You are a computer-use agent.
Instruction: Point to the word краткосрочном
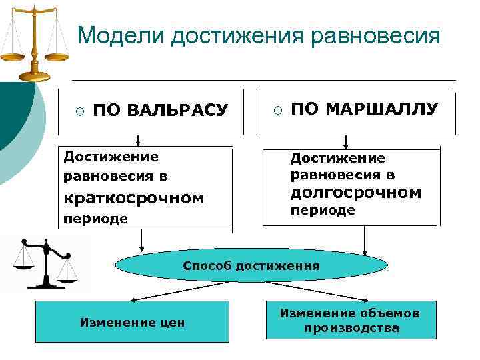(133, 199)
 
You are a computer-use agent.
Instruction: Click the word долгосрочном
(355, 193)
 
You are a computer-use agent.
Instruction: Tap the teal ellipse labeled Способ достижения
(251, 266)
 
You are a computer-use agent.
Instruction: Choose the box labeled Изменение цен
(132, 321)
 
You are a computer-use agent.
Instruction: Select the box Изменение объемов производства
(351, 320)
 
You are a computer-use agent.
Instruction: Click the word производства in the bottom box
(351, 328)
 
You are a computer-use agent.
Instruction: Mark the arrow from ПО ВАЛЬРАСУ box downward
(138, 139)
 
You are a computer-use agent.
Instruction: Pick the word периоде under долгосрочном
(322, 211)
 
